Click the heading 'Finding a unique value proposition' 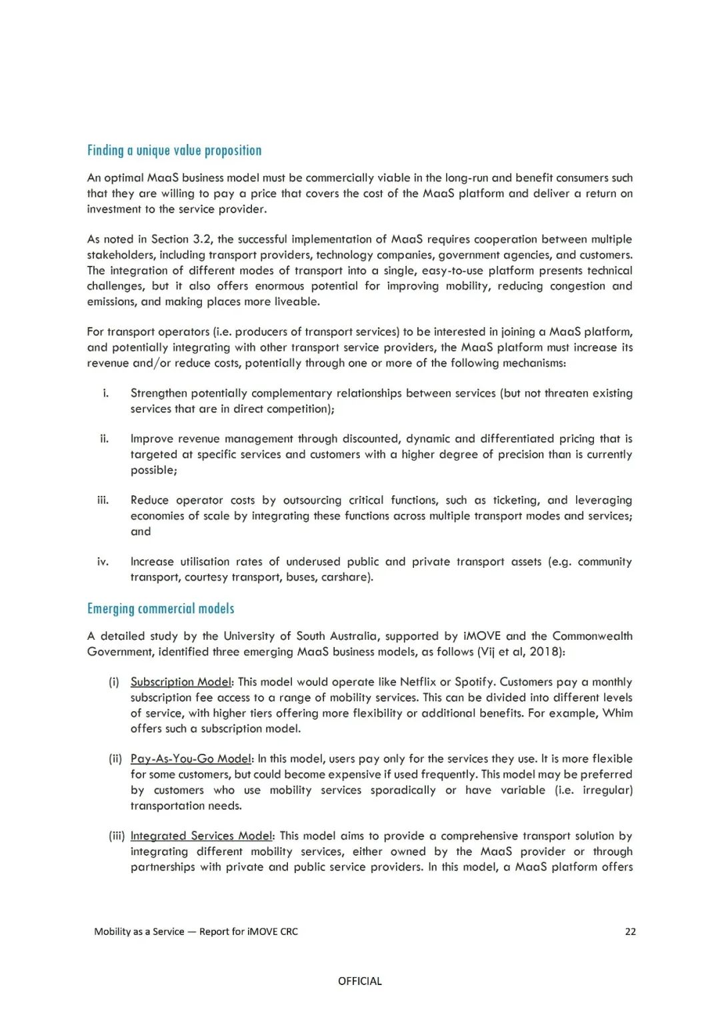pos(174,151)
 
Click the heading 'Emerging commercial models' pos(161,608)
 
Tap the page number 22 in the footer pos(630,932)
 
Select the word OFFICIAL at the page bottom pos(360,981)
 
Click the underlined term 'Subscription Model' pos(181,682)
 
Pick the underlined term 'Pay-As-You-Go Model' pos(191,758)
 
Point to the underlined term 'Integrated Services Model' pos(201,836)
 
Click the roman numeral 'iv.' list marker pos(103,562)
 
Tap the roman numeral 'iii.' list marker pos(103,500)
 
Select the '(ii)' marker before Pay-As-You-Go pos(115,758)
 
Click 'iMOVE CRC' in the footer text pos(272,932)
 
